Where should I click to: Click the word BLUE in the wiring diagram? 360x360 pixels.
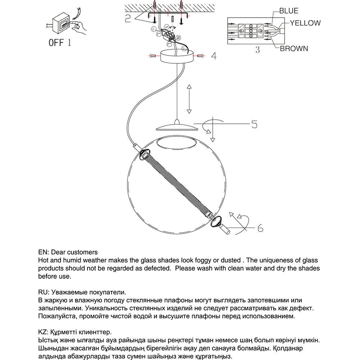(289, 11)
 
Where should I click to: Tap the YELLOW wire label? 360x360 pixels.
(305, 23)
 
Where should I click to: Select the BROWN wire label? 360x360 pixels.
(294, 49)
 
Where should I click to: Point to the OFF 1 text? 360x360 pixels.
(60, 43)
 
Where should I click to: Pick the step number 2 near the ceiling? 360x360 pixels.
(128, 18)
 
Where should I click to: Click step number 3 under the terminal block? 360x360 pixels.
(257, 50)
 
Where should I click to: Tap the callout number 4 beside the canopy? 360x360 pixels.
(213, 57)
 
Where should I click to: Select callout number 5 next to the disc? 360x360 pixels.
(254, 125)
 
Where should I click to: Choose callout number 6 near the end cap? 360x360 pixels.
(260, 228)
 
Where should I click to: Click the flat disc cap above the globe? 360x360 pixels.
(176, 127)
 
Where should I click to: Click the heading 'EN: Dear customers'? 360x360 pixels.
(68, 252)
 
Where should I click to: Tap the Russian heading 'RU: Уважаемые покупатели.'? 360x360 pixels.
(82, 292)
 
